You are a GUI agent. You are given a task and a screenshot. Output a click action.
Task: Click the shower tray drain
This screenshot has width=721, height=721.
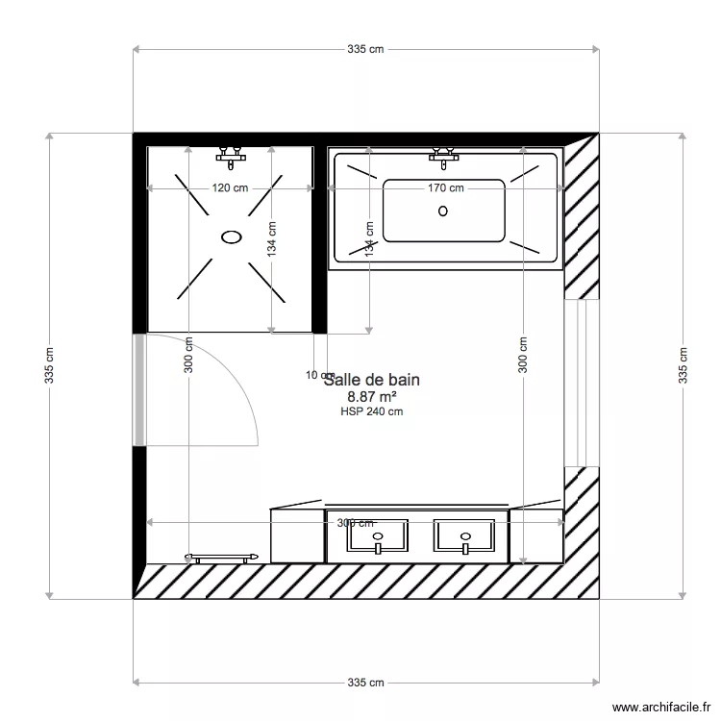(231, 236)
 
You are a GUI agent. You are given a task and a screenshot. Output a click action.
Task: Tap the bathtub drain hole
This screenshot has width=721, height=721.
(443, 210)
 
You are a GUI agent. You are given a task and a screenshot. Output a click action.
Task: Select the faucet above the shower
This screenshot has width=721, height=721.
(230, 153)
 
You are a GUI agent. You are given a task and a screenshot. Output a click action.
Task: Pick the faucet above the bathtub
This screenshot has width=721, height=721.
(443, 153)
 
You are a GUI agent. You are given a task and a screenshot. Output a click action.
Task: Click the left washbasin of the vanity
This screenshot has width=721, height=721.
(378, 538)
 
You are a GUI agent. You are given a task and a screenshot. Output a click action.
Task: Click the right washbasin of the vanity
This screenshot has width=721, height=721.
(465, 538)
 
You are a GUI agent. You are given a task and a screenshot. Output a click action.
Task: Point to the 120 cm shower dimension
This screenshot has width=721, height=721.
(230, 188)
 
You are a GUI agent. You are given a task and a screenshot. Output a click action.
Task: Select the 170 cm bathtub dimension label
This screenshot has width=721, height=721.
(446, 188)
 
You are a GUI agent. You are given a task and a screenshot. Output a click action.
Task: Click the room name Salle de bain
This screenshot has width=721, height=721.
(372, 380)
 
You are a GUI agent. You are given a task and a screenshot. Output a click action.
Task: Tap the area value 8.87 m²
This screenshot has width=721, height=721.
(372, 396)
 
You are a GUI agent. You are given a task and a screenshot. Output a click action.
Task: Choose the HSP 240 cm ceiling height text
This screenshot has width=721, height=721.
(371, 411)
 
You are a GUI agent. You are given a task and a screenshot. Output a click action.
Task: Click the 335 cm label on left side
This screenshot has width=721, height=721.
(49, 365)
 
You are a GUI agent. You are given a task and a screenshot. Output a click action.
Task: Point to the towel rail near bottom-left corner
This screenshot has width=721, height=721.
(223, 557)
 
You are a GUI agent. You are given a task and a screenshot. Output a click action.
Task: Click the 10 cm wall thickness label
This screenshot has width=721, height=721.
(314, 375)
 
